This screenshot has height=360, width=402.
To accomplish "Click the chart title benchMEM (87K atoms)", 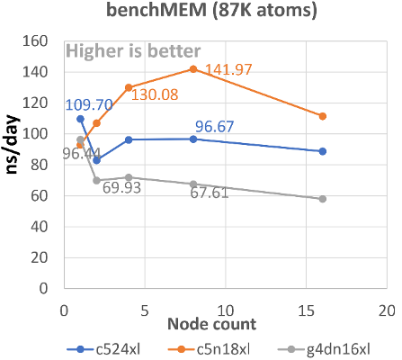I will pos(201,13).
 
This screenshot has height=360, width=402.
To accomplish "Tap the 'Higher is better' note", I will pos(134,52).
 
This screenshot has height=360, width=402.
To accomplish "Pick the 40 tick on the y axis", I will pos(40,228).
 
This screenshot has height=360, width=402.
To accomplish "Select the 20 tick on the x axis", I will pos(386,309).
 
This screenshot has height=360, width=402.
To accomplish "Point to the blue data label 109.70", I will pos(89,105).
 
